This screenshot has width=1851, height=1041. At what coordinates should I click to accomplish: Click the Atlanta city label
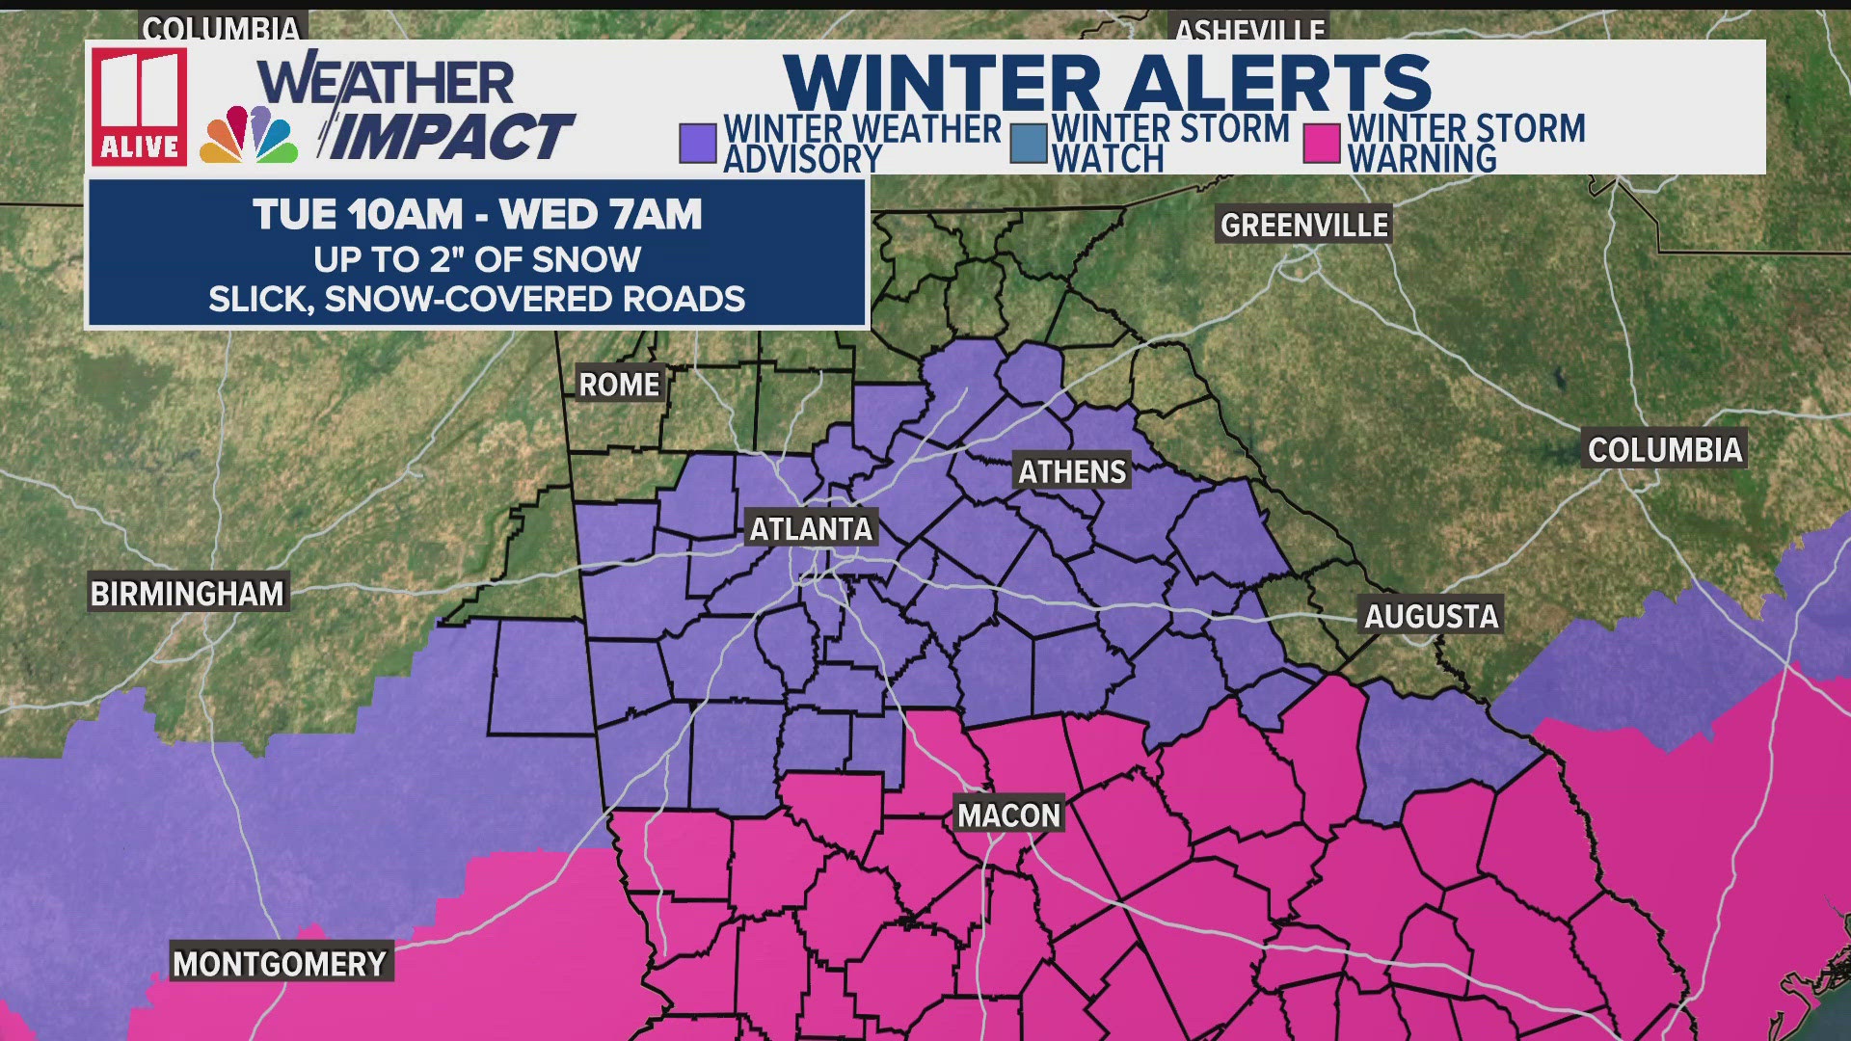(811, 528)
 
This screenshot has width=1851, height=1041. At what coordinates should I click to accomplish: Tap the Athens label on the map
(1072, 471)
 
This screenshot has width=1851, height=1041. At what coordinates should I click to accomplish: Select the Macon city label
(1008, 815)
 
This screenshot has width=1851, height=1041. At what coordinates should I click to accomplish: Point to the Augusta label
(1432, 616)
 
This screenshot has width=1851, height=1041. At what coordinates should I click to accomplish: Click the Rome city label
(619, 385)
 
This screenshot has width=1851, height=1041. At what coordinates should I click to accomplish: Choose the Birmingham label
(187, 594)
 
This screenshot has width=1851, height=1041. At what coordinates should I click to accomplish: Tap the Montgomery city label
(280, 963)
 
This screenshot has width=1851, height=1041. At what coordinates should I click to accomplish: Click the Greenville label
(1304, 225)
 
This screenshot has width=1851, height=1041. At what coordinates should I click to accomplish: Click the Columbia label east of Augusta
(1665, 449)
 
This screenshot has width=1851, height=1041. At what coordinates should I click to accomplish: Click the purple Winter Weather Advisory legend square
(697, 144)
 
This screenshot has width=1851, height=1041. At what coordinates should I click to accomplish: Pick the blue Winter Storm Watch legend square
(1029, 144)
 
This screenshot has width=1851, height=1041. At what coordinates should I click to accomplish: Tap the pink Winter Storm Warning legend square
(1321, 144)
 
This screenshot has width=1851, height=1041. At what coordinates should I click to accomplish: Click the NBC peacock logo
(249, 136)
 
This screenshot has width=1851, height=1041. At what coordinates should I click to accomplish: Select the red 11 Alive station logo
(140, 106)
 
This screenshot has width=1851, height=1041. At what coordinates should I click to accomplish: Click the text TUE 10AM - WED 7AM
(477, 214)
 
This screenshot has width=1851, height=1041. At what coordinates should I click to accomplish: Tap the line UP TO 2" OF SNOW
(477, 259)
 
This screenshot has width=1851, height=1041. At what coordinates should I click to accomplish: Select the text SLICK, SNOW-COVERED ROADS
(477, 299)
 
